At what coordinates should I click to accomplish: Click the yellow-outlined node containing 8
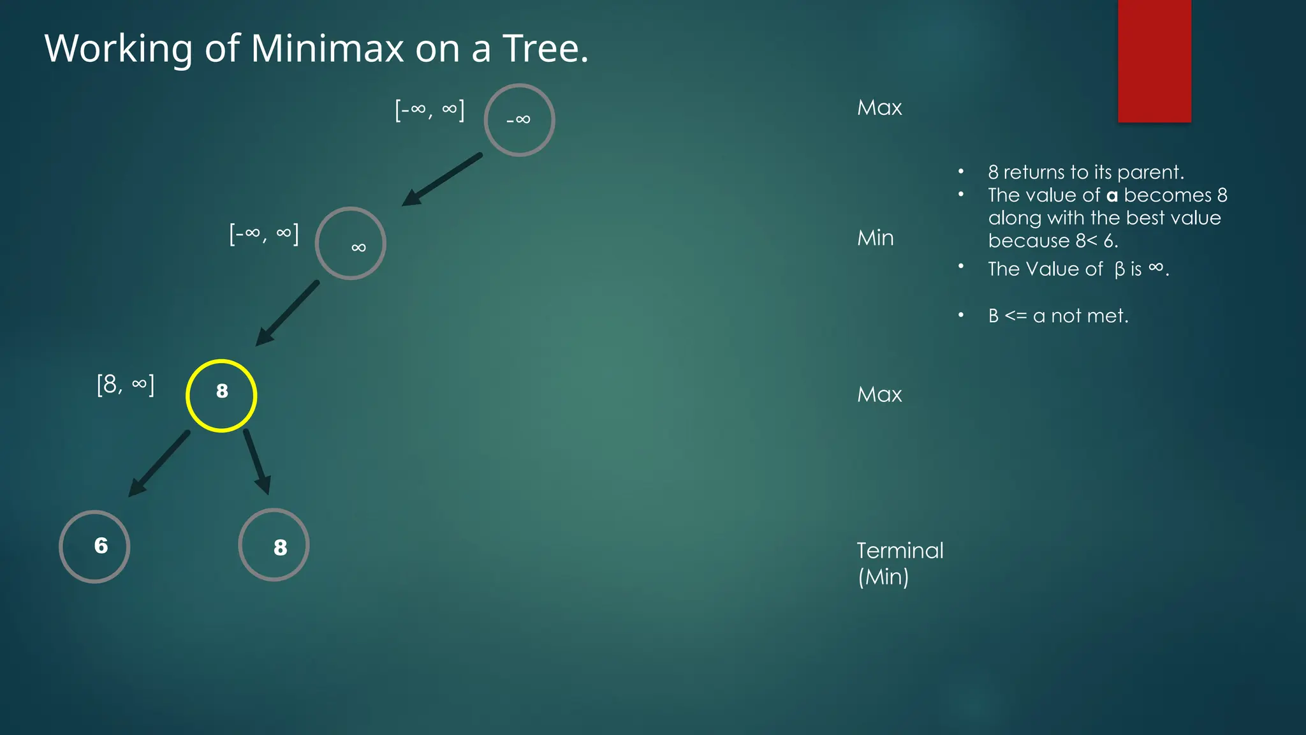pyautogui.click(x=221, y=396)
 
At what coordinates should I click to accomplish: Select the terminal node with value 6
pyautogui.click(x=94, y=546)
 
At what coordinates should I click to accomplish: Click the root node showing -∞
pyautogui.click(x=519, y=120)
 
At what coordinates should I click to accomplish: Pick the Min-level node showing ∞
pyautogui.click(x=350, y=243)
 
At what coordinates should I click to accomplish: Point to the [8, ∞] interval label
pyautogui.click(x=126, y=385)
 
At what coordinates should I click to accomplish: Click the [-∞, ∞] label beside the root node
pyautogui.click(x=430, y=110)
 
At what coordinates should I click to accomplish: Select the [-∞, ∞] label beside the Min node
pyautogui.click(x=264, y=234)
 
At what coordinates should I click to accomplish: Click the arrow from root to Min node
pyautogui.click(x=442, y=179)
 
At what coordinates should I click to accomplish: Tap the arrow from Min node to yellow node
pyautogui.click(x=287, y=313)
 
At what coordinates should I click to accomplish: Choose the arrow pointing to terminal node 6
pyautogui.click(x=159, y=464)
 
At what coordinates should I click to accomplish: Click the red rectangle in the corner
pyautogui.click(x=1154, y=61)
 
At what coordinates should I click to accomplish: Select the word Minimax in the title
pyautogui.click(x=327, y=48)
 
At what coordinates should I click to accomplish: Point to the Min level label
pyautogui.click(x=875, y=238)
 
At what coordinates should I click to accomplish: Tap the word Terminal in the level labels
pyautogui.click(x=900, y=550)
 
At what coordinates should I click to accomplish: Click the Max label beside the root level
pyautogui.click(x=879, y=107)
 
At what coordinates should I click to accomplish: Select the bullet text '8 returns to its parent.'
pyautogui.click(x=1085, y=172)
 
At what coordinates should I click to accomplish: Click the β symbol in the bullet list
pyautogui.click(x=1119, y=270)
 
